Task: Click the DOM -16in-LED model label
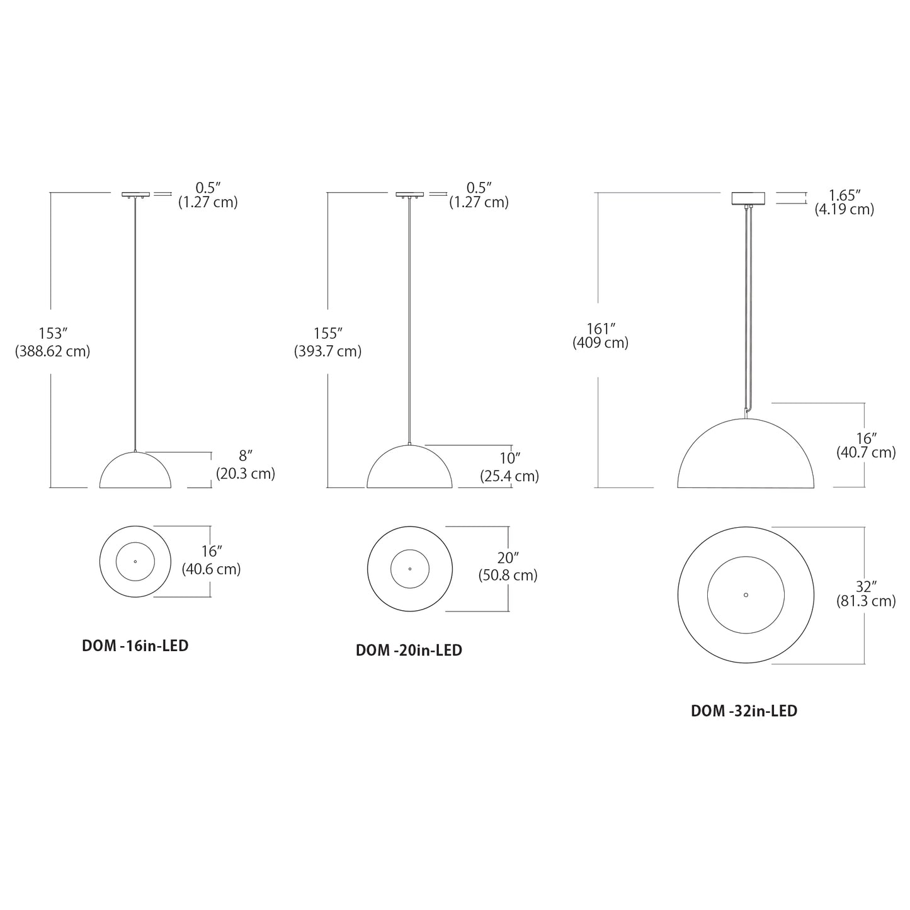(x=135, y=646)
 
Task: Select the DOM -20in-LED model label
(x=409, y=650)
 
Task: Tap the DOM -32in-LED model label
(x=744, y=711)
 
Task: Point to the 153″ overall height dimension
(x=53, y=333)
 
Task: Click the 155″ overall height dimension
(x=327, y=333)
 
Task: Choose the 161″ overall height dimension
(x=600, y=328)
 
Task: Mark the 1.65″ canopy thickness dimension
(x=844, y=195)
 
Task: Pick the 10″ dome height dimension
(x=509, y=458)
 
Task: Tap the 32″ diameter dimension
(x=866, y=586)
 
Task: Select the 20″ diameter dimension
(x=508, y=558)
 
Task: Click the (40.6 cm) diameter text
(x=212, y=569)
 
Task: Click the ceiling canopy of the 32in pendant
(x=747, y=198)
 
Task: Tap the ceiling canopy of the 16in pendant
(x=135, y=195)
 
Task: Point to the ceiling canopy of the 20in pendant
(x=410, y=195)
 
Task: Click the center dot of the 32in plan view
(x=746, y=594)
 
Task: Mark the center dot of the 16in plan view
(x=135, y=561)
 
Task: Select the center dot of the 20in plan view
(x=409, y=569)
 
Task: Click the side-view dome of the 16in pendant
(x=135, y=472)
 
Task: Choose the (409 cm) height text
(x=600, y=343)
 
